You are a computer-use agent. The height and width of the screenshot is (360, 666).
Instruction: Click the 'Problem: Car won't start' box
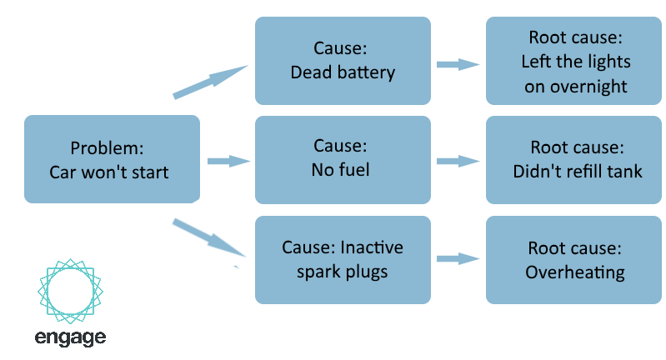point(113,159)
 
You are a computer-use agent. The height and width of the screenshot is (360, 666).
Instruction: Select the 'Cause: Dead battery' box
point(343,61)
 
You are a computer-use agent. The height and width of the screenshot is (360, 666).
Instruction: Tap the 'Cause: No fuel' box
point(343,160)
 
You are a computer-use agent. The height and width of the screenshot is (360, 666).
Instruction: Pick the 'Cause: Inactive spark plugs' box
point(343,260)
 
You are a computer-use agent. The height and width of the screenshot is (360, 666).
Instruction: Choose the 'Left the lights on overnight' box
point(573,61)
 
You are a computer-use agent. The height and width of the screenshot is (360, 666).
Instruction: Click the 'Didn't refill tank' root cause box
point(573,160)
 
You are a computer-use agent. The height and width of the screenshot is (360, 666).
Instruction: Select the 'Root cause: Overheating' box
point(573,260)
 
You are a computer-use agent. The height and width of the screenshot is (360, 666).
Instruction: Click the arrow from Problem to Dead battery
point(211,82)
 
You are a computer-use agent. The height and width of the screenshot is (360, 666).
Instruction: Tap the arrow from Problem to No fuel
point(229,162)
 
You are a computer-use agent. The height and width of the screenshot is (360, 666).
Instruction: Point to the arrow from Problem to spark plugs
point(210,238)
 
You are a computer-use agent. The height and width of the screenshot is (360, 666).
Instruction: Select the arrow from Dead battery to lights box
point(458,64)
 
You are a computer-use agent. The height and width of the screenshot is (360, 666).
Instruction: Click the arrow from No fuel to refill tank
point(458,162)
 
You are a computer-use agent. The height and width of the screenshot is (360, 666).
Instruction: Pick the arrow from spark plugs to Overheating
point(458,259)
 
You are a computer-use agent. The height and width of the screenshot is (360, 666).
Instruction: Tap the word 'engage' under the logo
point(71,338)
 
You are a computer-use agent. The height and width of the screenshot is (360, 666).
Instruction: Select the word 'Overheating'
point(575,272)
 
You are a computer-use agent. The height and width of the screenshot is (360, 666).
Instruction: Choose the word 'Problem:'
point(107,148)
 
